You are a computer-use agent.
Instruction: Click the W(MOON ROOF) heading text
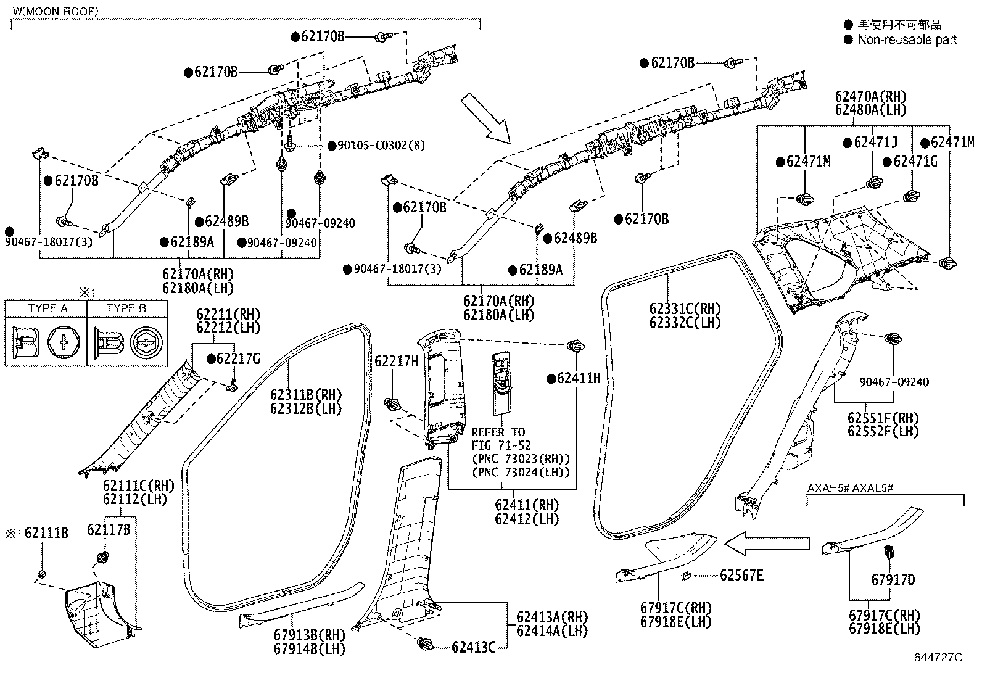[56, 11]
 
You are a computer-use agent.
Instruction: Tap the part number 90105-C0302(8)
[381, 145]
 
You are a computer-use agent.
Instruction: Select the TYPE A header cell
[47, 308]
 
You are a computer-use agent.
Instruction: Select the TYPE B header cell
[126, 308]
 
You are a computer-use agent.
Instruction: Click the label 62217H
[397, 361]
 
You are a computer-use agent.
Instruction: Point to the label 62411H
[579, 378]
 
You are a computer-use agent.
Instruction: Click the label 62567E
[742, 575]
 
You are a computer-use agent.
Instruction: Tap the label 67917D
[893, 580]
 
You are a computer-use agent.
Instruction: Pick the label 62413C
[474, 647]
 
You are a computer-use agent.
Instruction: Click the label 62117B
[109, 530]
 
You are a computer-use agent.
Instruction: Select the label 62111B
[46, 533]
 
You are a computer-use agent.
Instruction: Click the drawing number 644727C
[938, 658]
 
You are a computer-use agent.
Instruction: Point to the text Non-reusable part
[907, 39]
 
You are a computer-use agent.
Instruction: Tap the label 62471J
[876, 142]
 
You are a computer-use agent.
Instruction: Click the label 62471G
[915, 162]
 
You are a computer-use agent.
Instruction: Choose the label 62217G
[238, 358]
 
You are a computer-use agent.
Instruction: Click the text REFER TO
[498, 432]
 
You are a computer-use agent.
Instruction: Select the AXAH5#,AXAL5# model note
[851, 487]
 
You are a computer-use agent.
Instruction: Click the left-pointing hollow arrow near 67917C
[767, 544]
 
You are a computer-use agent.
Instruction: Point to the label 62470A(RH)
[870, 96]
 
